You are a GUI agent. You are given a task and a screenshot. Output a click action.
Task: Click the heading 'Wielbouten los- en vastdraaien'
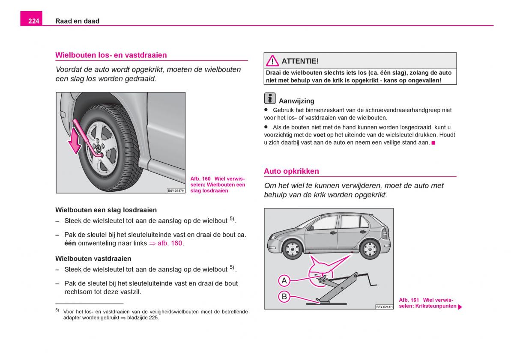111,55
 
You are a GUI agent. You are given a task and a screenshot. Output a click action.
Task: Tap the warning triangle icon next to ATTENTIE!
272,61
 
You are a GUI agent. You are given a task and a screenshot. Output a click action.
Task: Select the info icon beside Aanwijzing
270,98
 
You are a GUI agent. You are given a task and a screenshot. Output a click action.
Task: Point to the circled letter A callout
284,281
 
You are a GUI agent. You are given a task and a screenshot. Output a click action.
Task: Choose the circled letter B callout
284,296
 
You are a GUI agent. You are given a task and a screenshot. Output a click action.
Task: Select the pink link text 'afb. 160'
170,243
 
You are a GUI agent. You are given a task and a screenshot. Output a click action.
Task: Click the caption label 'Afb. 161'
409,300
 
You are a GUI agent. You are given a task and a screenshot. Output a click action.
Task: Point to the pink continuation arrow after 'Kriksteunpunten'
460,307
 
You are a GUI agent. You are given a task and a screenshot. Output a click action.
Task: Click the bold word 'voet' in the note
319,134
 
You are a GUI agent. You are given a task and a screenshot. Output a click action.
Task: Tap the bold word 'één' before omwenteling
70,243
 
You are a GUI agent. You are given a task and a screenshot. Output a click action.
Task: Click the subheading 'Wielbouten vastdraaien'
93,259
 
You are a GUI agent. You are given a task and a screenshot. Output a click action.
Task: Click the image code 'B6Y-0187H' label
176,190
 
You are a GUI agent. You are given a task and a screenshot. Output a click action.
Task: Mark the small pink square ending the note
433,142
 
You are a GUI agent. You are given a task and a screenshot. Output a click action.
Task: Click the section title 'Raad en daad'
77,21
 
